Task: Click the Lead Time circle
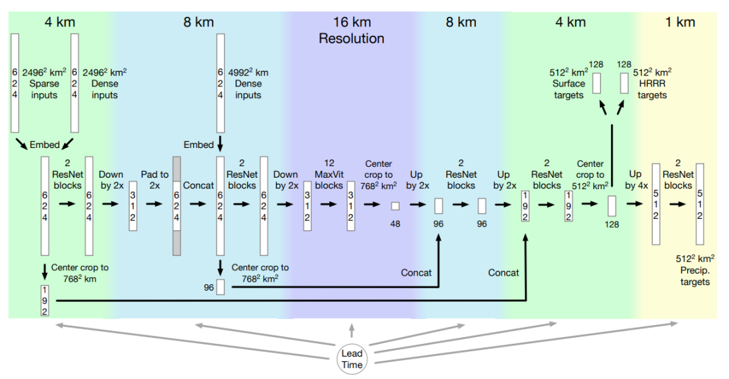click(x=351, y=359)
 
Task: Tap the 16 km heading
click(x=351, y=22)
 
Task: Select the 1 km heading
click(x=679, y=22)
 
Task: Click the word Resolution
click(x=351, y=39)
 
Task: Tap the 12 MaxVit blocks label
click(x=329, y=174)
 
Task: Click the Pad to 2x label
click(x=155, y=180)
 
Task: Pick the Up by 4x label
click(x=635, y=180)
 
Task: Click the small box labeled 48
click(x=395, y=205)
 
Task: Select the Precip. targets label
click(x=695, y=270)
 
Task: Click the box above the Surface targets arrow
click(x=596, y=83)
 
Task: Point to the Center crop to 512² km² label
click(x=590, y=174)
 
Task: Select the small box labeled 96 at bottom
click(x=220, y=286)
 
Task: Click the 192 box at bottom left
click(x=45, y=301)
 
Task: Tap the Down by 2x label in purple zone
click(x=286, y=180)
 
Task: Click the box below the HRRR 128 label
click(x=624, y=83)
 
